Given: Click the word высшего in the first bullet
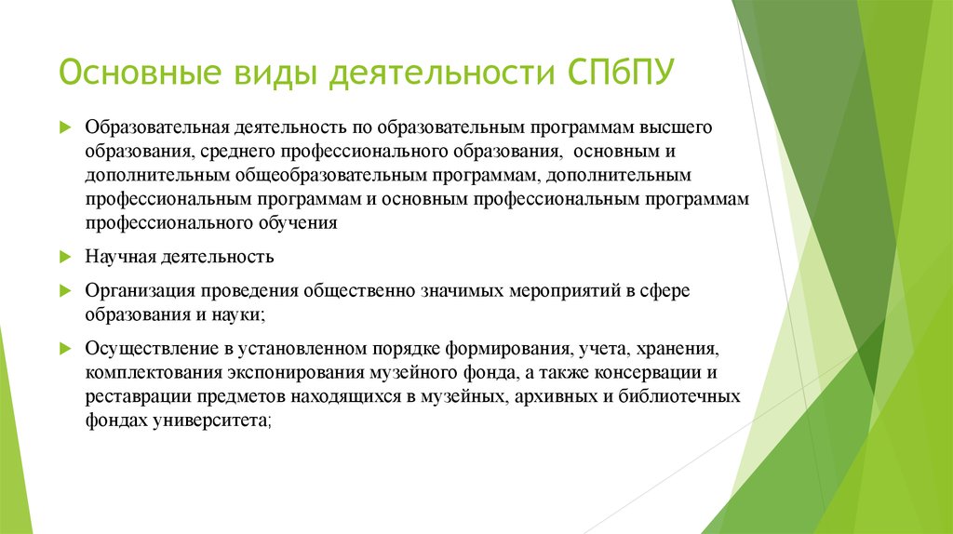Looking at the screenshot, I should click(680, 126).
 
